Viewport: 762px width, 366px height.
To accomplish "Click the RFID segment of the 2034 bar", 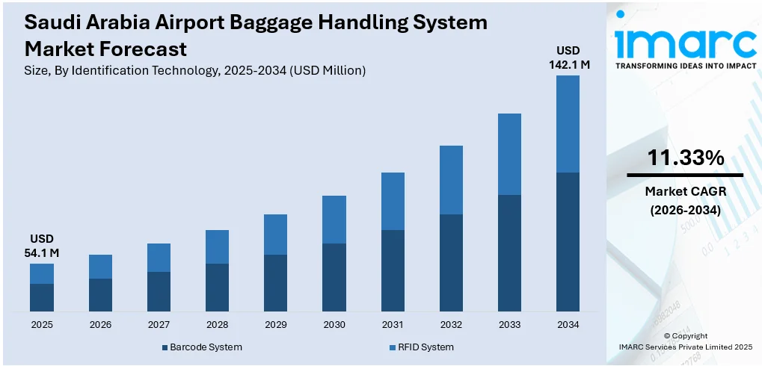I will pyautogui.click(x=568, y=124).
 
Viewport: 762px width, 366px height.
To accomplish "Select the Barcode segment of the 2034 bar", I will pyautogui.click(x=568, y=242).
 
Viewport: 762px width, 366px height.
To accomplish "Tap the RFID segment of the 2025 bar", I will pyautogui.click(x=42, y=273).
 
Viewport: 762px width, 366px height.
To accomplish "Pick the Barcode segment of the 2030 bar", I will pyautogui.click(x=334, y=277).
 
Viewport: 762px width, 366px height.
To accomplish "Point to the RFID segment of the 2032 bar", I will pyautogui.click(x=451, y=180).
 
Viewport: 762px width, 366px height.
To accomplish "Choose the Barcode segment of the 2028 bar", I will pyautogui.click(x=217, y=288).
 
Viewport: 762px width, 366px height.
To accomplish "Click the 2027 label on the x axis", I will pyautogui.click(x=159, y=325).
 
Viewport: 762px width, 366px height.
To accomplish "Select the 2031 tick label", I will pyautogui.click(x=393, y=325).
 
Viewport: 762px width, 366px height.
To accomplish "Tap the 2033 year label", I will pyautogui.click(x=509, y=325).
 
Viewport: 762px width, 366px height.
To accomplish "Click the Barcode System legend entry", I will pyautogui.click(x=201, y=347).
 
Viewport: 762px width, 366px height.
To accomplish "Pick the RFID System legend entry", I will pyautogui.click(x=421, y=347).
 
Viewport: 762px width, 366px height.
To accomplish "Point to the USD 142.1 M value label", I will pyautogui.click(x=568, y=58).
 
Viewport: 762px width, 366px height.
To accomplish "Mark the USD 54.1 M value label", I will pyautogui.click(x=42, y=246).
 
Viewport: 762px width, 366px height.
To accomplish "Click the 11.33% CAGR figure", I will pyautogui.click(x=685, y=158).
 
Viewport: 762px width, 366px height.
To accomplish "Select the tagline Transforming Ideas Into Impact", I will pyautogui.click(x=685, y=66).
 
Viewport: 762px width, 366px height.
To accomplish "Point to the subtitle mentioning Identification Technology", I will pyautogui.click(x=195, y=71).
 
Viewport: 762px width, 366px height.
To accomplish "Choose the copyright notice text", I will pyautogui.click(x=685, y=341).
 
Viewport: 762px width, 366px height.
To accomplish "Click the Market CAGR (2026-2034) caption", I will pyautogui.click(x=685, y=201).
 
